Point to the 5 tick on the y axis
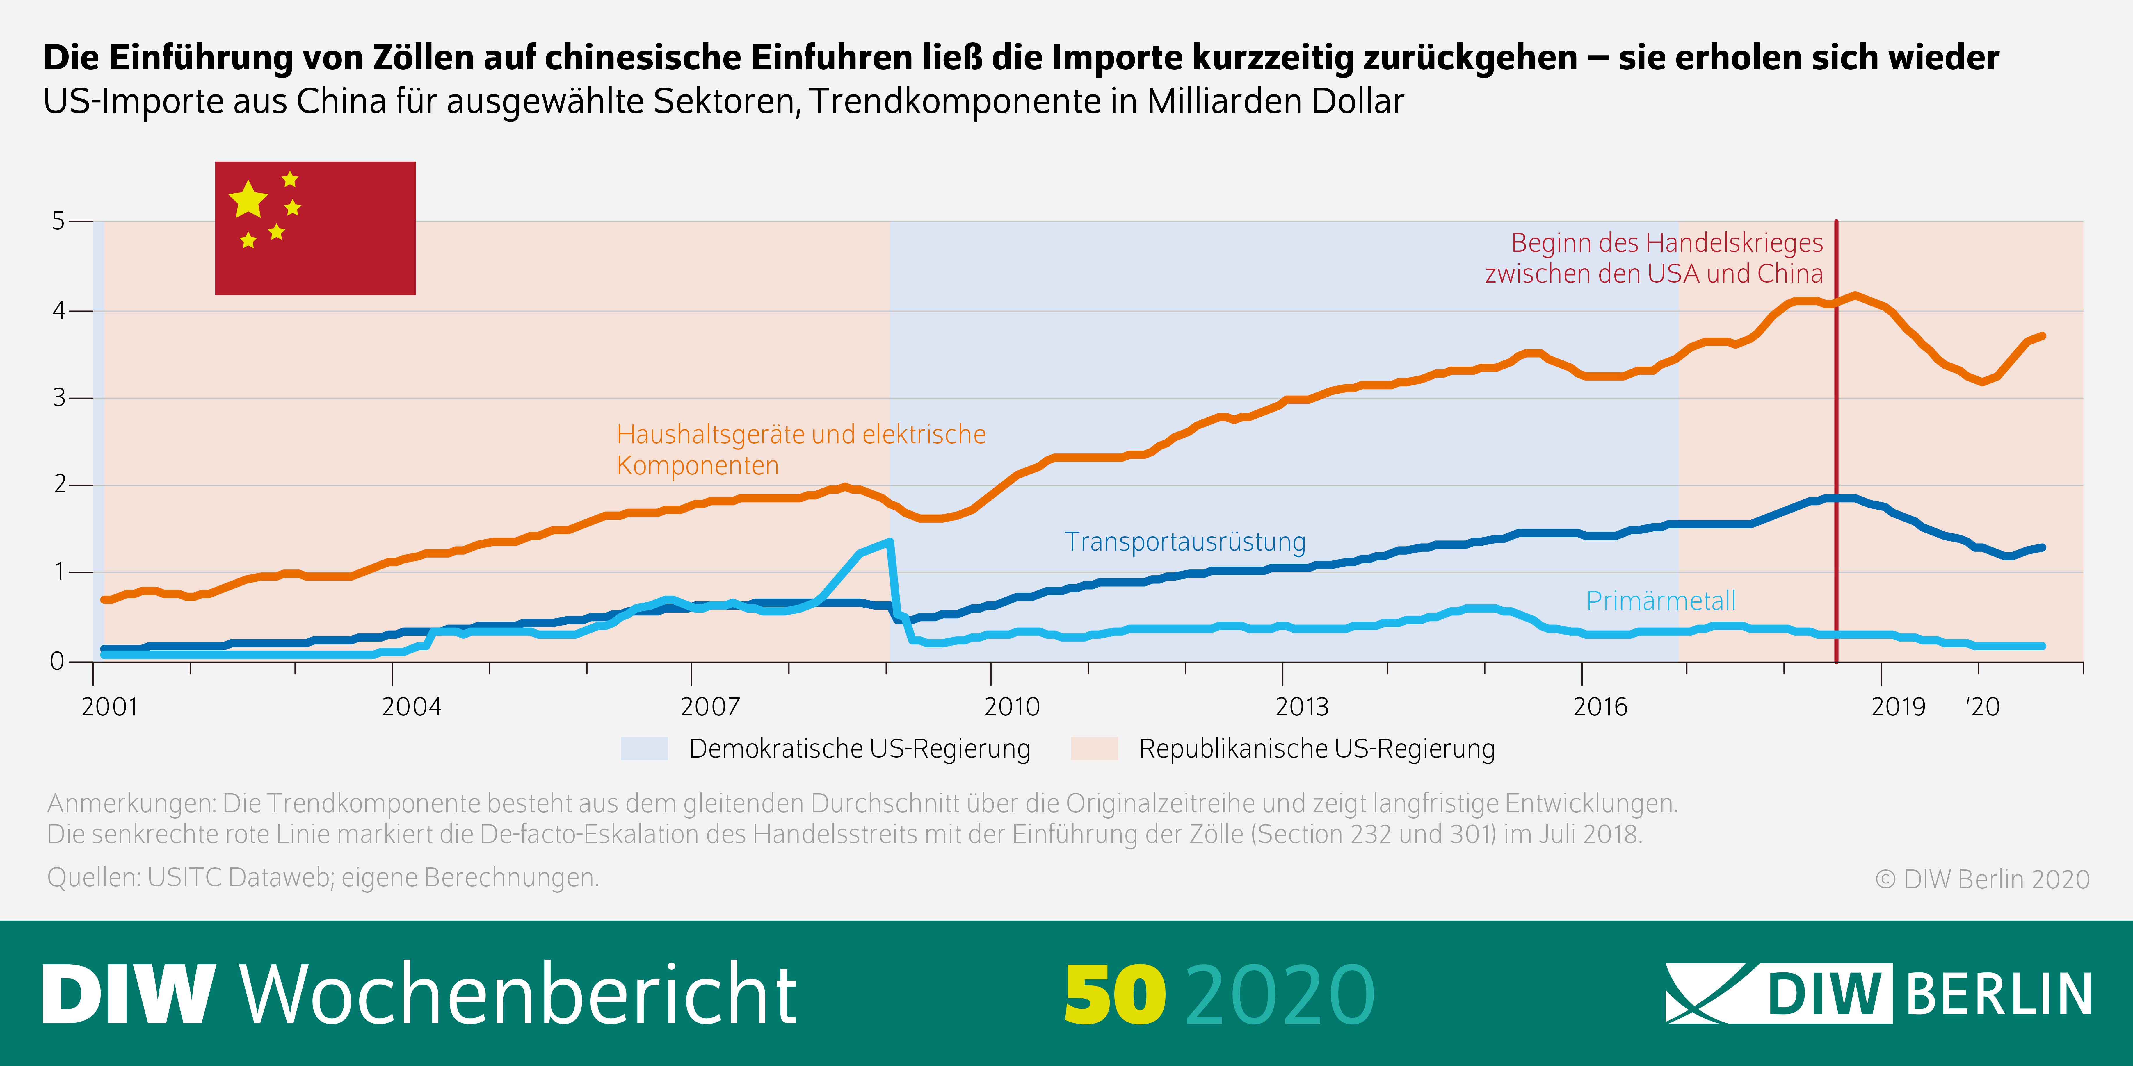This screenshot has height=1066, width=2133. (x=58, y=221)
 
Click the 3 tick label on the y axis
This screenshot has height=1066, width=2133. (x=58, y=398)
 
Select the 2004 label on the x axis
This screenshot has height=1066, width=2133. (x=412, y=707)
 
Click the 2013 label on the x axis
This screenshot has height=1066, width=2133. (x=1302, y=707)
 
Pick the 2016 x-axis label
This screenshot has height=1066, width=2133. (x=1600, y=707)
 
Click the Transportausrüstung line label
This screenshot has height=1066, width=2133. (x=1185, y=542)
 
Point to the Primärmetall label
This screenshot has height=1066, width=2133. (x=1660, y=601)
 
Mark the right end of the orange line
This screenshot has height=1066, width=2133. (x=2043, y=335)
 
